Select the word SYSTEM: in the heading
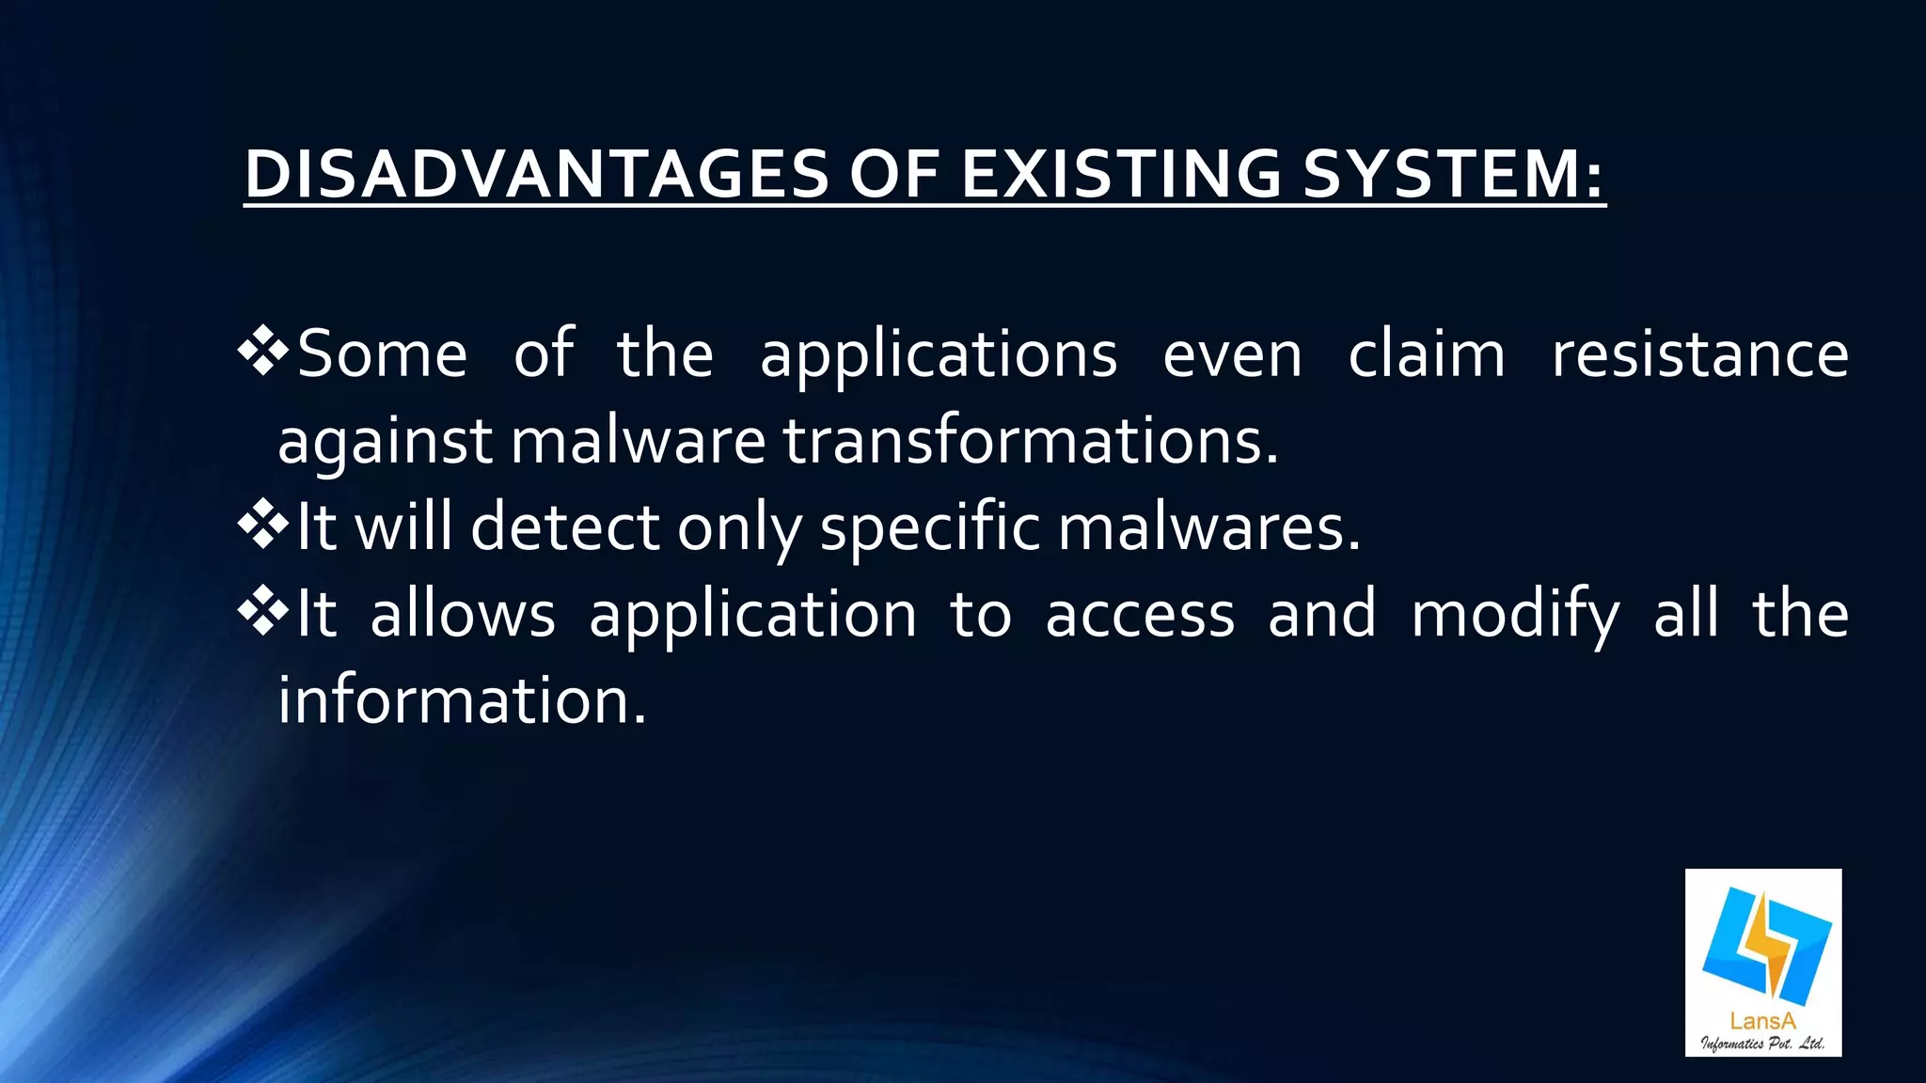point(1454,175)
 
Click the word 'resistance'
point(1699,354)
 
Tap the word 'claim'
point(1427,354)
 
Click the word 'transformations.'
point(1031,440)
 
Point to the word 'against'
point(385,442)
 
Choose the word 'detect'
point(564,526)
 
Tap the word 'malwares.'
point(1209,526)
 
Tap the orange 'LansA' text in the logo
point(1762,1020)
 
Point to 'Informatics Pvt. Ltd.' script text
point(1762,1042)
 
